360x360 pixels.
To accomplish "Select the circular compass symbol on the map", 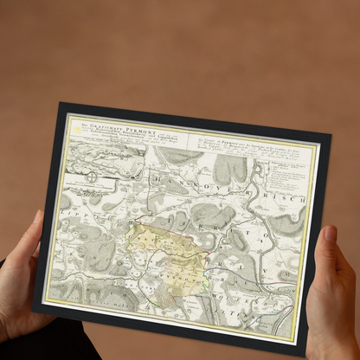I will click(92, 177).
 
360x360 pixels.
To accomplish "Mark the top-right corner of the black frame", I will click(331, 135).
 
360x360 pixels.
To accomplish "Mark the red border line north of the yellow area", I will click(151, 209).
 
